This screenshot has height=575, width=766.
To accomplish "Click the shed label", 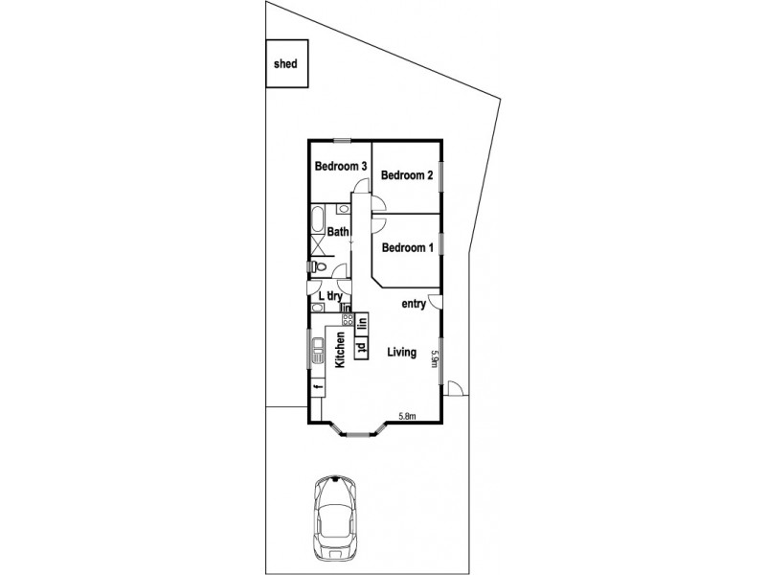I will click(285, 65).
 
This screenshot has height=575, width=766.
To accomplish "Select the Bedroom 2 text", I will click(407, 175).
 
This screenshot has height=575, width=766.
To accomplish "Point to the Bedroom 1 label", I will click(407, 247).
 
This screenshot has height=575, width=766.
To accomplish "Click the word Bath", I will click(338, 232).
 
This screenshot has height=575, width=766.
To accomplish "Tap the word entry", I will click(414, 304).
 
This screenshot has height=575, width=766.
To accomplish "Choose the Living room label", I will click(401, 353).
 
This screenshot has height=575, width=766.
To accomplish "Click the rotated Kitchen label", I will click(339, 350).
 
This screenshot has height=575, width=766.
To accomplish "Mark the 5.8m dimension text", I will click(408, 416).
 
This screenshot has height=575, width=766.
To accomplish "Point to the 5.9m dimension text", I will click(434, 358).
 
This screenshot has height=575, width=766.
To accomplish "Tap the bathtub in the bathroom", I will click(318, 219).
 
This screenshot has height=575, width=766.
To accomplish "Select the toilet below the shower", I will click(319, 267).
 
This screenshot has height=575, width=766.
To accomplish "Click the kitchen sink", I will click(316, 351).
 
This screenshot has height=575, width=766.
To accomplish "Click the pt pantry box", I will click(362, 347).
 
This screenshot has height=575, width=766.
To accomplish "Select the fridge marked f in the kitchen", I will click(316, 385).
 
